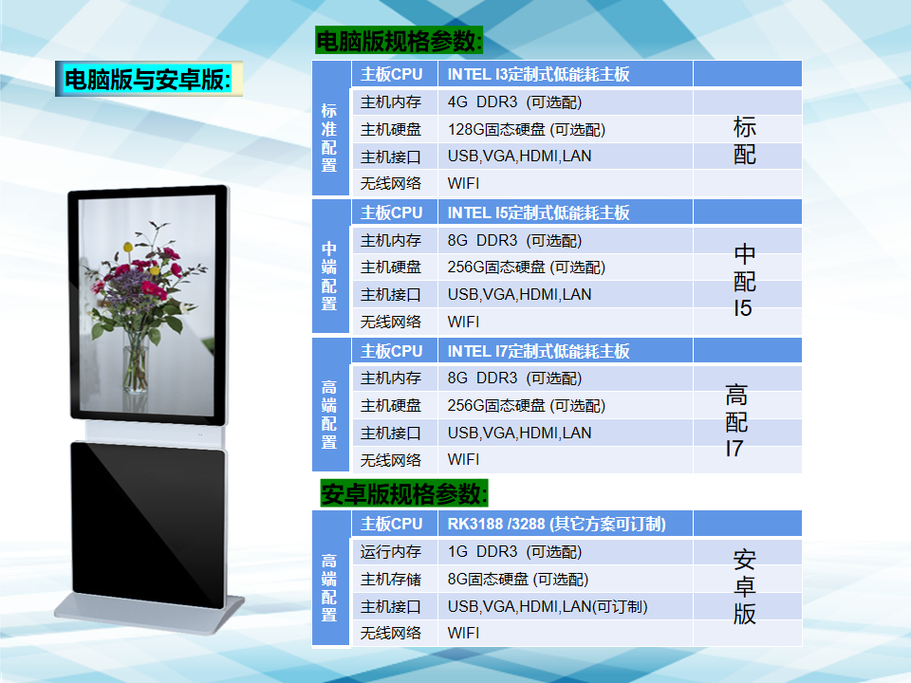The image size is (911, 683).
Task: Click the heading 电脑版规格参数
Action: pos(400,41)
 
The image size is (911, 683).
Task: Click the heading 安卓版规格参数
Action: pos(404,493)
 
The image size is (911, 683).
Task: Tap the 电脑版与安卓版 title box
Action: pos(149,79)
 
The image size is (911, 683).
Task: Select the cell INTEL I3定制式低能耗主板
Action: pos(539,74)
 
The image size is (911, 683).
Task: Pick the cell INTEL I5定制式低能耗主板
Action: pos(539,212)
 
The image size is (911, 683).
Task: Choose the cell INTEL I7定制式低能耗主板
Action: pos(539,351)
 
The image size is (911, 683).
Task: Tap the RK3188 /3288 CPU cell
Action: pos(557,524)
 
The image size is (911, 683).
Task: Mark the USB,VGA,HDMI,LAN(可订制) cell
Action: pos(548,607)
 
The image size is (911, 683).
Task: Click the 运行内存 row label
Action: pos(390,552)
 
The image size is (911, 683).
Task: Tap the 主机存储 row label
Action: pos(390,579)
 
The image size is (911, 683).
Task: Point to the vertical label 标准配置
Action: pos(329,138)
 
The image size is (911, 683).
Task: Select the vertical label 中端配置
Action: pos(329,276)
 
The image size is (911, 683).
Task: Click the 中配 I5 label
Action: pos(744,281)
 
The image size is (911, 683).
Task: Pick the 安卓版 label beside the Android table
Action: pos(744,587)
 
